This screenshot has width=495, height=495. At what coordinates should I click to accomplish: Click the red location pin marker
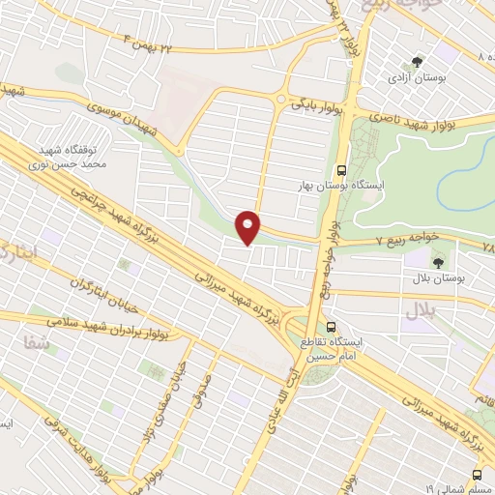249,226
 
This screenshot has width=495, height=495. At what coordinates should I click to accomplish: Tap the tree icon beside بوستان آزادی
419,58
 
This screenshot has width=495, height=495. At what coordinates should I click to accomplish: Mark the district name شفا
28,340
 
